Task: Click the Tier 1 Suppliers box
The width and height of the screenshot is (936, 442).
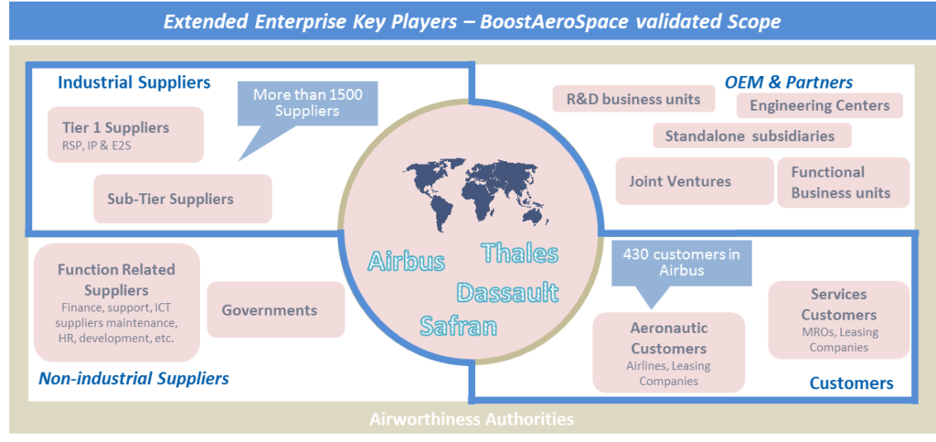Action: tap(125, 135)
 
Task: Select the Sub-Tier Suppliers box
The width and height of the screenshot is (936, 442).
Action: tap(183, 199)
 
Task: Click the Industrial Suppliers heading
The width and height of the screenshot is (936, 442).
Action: tap(134, 82)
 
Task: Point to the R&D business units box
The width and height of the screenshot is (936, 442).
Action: tap(633, 99)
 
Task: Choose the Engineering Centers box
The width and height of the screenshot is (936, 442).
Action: tap(820, 106)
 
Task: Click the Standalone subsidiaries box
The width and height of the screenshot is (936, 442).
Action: tap(752, 135)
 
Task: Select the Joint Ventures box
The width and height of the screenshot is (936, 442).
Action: tap(695, 181)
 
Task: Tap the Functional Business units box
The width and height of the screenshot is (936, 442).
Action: tap(844, 182)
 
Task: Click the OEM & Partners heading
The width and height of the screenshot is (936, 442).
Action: tap(789, 81)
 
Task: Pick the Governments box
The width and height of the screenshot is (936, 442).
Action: tap(276, 310)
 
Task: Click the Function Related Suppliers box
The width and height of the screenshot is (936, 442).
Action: tap(116, 302)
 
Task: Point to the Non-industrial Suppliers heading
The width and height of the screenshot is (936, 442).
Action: tap(133, 378)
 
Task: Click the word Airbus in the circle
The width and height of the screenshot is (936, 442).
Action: tap(406, 261)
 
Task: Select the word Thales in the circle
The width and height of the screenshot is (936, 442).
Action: tap(519, 253)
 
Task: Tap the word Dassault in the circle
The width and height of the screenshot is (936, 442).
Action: tap(507, 293)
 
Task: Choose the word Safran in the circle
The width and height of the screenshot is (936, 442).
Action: tap(459, 326)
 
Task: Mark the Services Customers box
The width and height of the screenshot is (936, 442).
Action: tap(839, 319)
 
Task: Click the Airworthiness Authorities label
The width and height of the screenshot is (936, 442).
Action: tap(472, 419)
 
